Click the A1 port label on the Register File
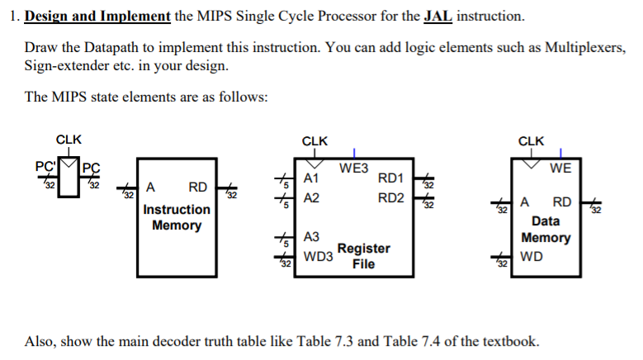pos(311,178)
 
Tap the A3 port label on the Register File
pos(311,237)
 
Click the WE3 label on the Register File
pos(354,168)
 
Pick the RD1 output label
pos(390,178)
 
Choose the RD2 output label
pos(390,199)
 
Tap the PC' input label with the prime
pos(45,165)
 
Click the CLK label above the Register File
pos(314,140)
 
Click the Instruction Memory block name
pos(176,217)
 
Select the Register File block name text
pos(363,256)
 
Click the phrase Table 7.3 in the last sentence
pos(352,341)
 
